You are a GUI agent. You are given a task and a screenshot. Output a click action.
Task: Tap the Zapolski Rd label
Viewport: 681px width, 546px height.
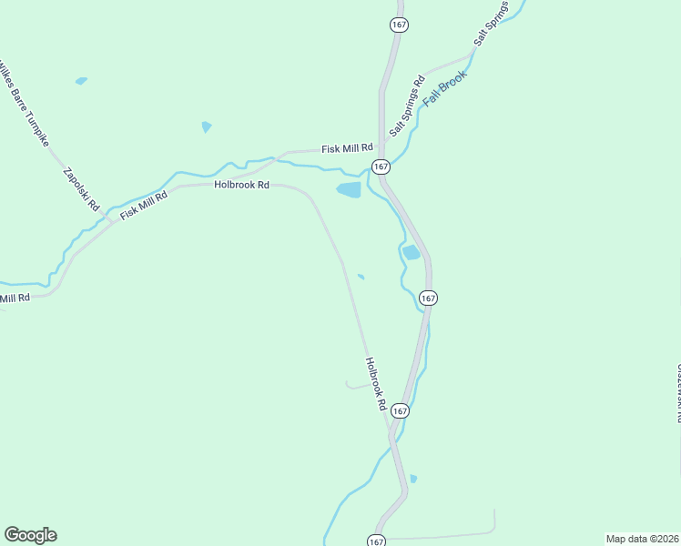point(80,189)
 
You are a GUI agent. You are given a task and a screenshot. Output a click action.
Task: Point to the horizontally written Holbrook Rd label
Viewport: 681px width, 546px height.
point(241,184)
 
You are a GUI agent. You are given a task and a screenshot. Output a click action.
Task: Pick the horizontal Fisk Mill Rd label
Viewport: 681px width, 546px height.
point(348,147)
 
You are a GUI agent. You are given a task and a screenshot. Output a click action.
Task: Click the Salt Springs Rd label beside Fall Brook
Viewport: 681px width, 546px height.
point(407,106)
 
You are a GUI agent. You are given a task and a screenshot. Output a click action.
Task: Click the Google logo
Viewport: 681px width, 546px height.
point(30,535)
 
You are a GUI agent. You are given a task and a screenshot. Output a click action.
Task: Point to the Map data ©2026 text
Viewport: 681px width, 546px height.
point(642,539)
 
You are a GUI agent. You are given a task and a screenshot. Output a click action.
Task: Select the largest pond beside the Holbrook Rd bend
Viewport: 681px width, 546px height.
point(349,190)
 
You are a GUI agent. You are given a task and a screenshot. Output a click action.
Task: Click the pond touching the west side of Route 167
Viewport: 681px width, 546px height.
point(412,252)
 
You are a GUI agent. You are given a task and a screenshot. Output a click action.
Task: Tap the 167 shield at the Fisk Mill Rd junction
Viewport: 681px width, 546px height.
point(380,167)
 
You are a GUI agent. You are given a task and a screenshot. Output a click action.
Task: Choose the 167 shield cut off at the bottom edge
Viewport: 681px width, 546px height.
point(377,541)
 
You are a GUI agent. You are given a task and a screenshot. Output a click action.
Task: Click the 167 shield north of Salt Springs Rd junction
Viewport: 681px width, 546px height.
point(399,25)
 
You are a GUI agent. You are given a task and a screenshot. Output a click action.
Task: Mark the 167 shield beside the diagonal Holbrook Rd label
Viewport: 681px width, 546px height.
point(401,411)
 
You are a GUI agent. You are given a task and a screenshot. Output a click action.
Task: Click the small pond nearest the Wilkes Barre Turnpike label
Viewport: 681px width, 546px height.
point(81,81)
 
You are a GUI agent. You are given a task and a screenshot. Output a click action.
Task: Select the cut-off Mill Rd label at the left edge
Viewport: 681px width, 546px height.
point(15,298)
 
